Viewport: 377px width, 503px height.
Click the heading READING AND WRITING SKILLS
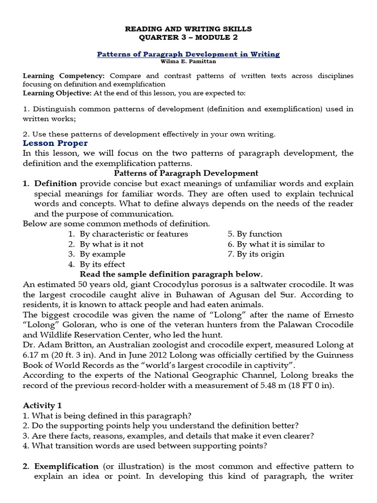[x=188, y=29]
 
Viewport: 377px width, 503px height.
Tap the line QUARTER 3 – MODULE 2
[x=188, y=38]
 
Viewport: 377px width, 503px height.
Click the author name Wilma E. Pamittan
[x=188, y=61]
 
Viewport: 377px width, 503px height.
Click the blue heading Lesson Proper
[x=55, y=143]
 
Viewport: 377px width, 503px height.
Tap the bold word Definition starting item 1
[x=55, y=183]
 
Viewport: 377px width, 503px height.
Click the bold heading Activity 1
[x=42, y=405]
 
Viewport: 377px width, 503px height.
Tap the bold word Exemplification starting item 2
[x=66, y=466]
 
